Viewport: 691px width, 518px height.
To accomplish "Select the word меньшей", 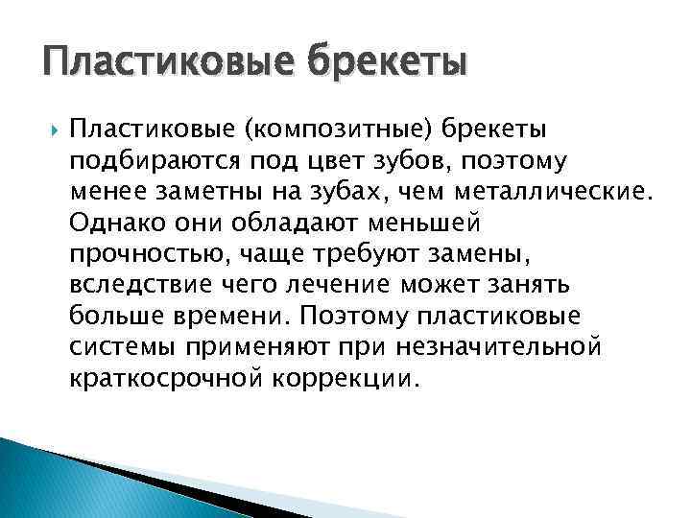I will click(423, 223).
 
